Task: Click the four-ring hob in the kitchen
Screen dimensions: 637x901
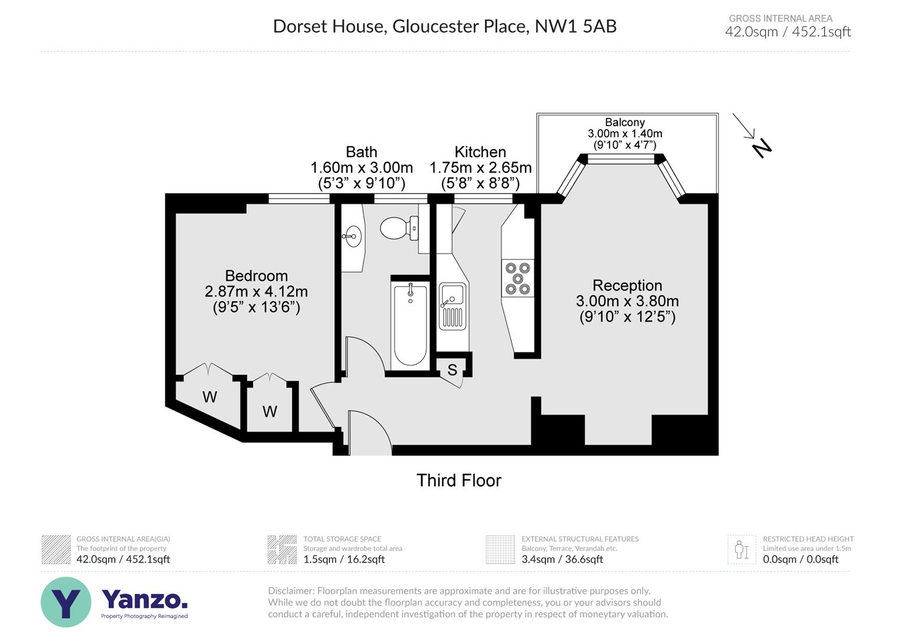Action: pyautogui.click(x=517, y=278)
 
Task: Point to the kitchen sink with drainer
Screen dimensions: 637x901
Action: pyautogui.click(x=453, y=306)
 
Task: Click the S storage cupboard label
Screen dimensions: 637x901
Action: pyautogui.click(x=452, y=370)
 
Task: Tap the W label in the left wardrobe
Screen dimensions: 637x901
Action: pyautogui.click(x=209, y=398)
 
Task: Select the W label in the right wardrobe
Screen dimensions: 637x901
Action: pyautogui.click(x=270, y=412)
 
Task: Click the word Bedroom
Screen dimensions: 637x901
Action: pyautogui.click(x=256, y=275)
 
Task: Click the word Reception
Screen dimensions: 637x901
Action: pyautogui.click(x=627, y=285)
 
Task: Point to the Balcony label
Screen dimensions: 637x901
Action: pyautogui.click(x=624, y=123)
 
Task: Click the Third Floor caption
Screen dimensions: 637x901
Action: pyautogui.click(x=458, y=480)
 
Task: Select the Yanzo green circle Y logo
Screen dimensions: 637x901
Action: pyautogui.click(x=66, y=602)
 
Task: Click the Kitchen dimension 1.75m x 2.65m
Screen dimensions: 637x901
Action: pyautogui.click(x=480, y=168)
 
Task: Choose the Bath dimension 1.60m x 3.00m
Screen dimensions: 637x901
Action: pyautogui.click(x=361, y=168)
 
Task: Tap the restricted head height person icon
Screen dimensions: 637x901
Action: pyautogui.click(x=741, y=550)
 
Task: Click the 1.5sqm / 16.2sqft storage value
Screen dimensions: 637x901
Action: pyautogui.click(x=343, y=559)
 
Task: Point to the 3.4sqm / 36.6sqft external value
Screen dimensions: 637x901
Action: pyautogui.click(x=562, y=559)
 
